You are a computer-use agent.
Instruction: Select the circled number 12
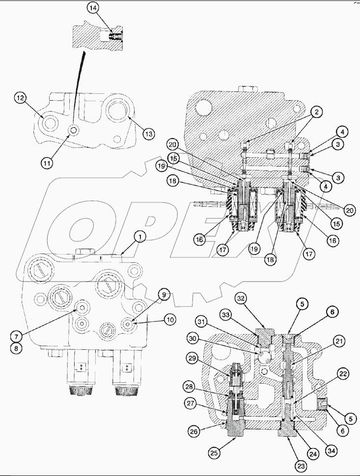20,99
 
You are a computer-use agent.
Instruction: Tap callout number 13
149,133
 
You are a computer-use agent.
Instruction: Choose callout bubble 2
317,112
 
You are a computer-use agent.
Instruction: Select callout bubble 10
170,320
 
